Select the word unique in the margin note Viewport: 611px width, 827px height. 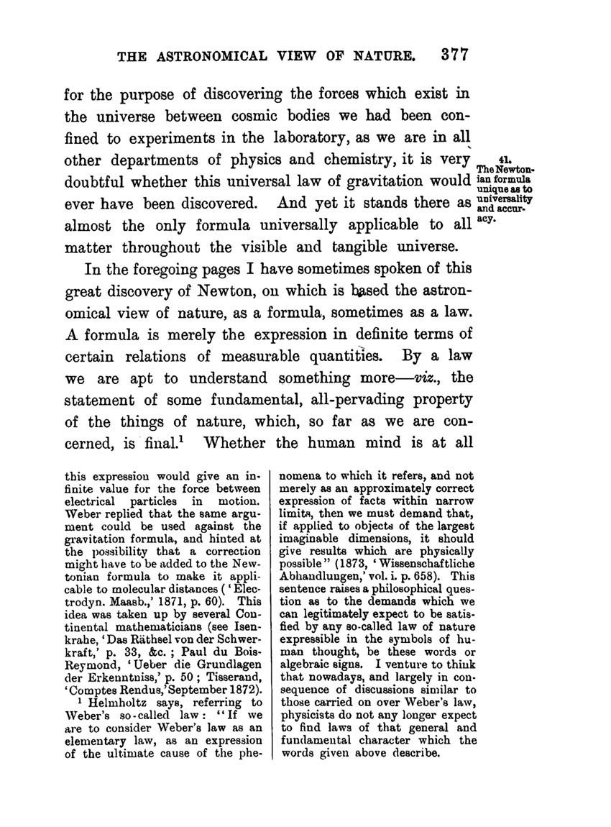(503, 185)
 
